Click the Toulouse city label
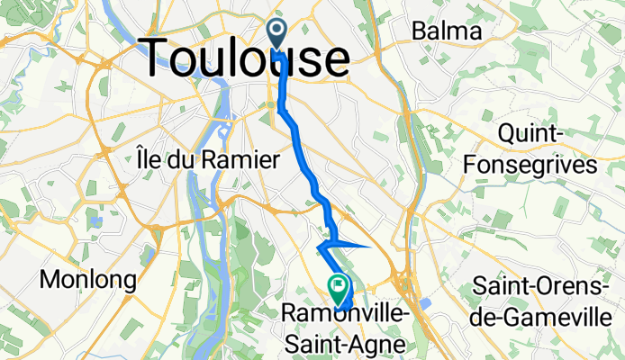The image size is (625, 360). (245, 58)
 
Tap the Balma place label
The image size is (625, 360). (446, 31)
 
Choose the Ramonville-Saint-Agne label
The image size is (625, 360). (342, 326)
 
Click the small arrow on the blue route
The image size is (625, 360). (323, 245)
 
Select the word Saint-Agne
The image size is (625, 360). (343, 341)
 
